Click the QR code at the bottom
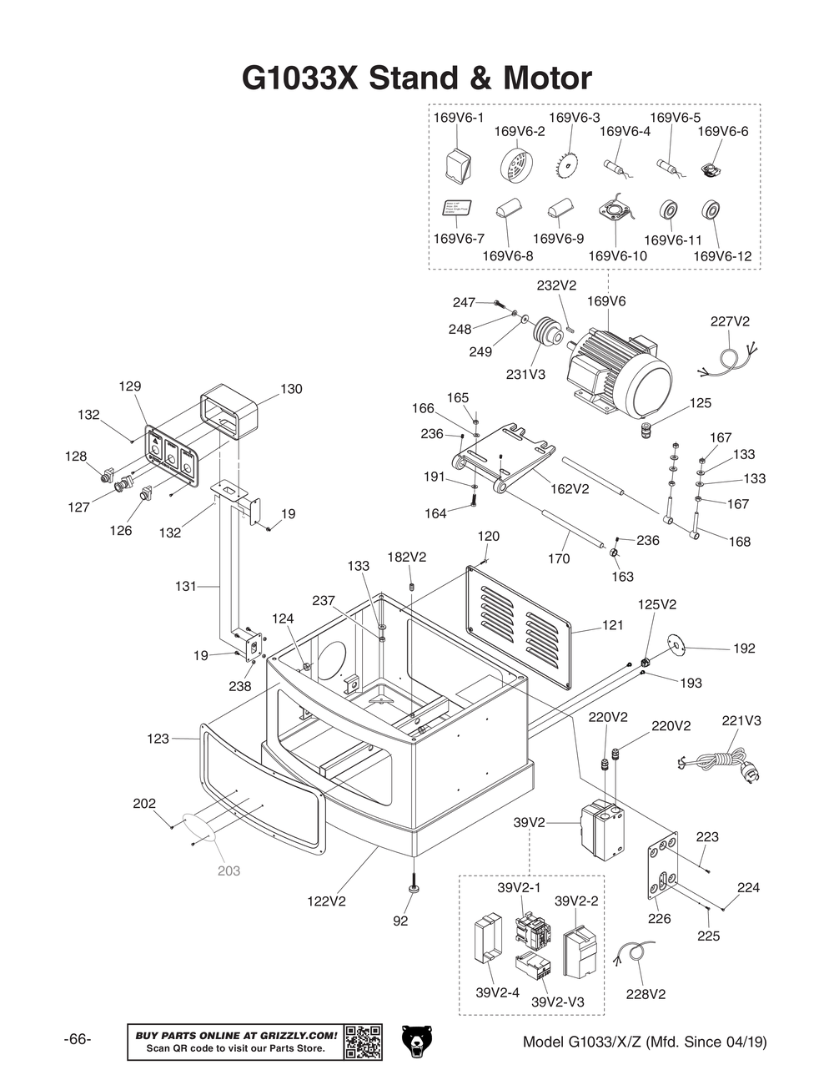363,1042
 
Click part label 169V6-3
574,118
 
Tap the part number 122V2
327,901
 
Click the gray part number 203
229,871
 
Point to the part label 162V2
570,488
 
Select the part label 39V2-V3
557,1002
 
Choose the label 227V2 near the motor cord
730,321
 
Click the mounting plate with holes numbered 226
662,865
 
